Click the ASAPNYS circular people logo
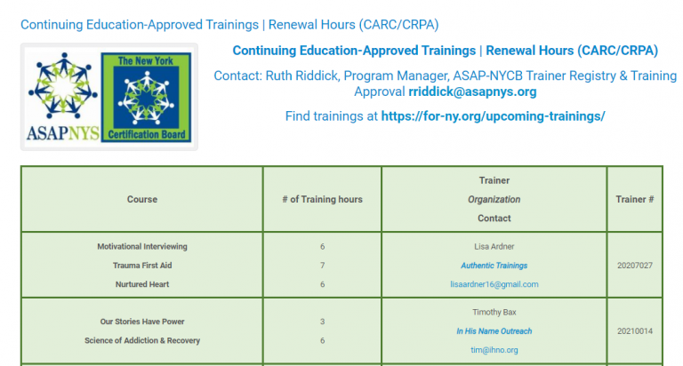click(x=63, y=86)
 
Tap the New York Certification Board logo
click(x=147, y=97)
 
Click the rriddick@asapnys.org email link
click(x=472, y=91)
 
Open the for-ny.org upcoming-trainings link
click(x=493, y=116)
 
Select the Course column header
click(x=142, y=199)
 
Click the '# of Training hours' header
click(x=322, y=199)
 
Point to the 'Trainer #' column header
click(x=635, y=199)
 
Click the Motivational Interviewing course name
click(x=142, y=247)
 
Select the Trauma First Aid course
click(x=142, y=266)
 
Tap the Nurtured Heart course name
click(x=142, y=284)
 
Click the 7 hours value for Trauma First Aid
click(x=322, y=266)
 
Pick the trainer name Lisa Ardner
click(x=494, y=247)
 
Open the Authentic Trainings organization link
click(x=494, y=266)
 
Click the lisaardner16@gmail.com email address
click(x=494, y=284)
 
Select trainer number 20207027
click(x=635, y=266)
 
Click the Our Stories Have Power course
click(x=142, y=322)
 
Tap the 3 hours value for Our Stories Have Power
click(x=322, y=322)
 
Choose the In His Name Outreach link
click(x=494, y=331)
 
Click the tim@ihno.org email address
click(x=494, y=350)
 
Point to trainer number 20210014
click(x=635, y=331)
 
